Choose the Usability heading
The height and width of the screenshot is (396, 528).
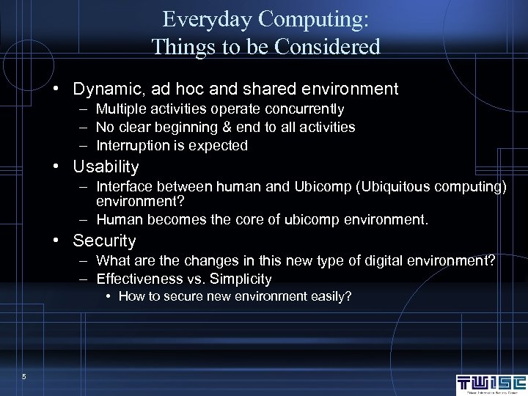[x=106, y=166]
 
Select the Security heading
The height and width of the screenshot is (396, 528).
[x=104, y=241]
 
